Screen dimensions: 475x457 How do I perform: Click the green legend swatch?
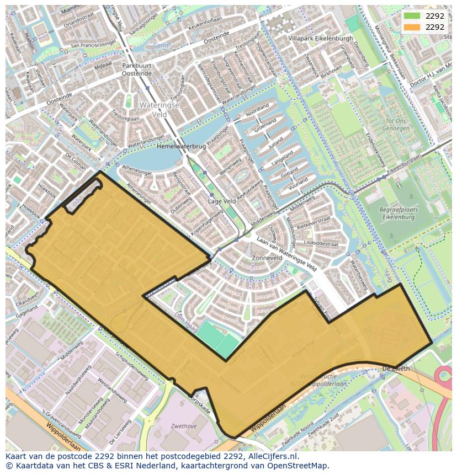pyautogui.click(x=411, y=16)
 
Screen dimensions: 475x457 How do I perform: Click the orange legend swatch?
pyautogui.click(x=411, y=27)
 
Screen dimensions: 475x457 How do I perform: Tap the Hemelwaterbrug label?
pyautogui.click(x=181, y=147)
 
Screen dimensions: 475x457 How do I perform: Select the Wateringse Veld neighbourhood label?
pyautogui.click(x=153, y=109)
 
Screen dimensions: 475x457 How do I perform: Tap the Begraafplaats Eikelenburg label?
pyautogui.click(x=399, y=214)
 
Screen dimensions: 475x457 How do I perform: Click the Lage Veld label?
pyautogui.click(x=221, y=201)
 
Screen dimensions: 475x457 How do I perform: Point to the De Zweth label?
pyautogui.click(x=396, y=368)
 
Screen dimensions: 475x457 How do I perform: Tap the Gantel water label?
pyautogui.click(x=162, y=46)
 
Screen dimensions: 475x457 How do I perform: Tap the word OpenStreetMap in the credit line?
pyautogui.click(x=301, y=466)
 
